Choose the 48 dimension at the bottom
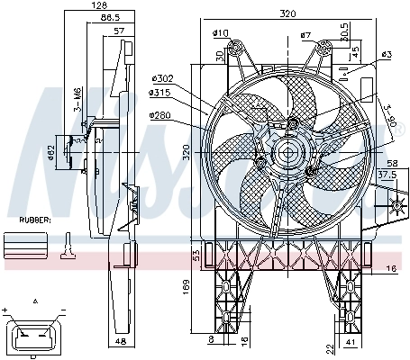coord(122,343)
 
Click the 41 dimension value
coord(349,343)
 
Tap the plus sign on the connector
coord(7,310)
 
